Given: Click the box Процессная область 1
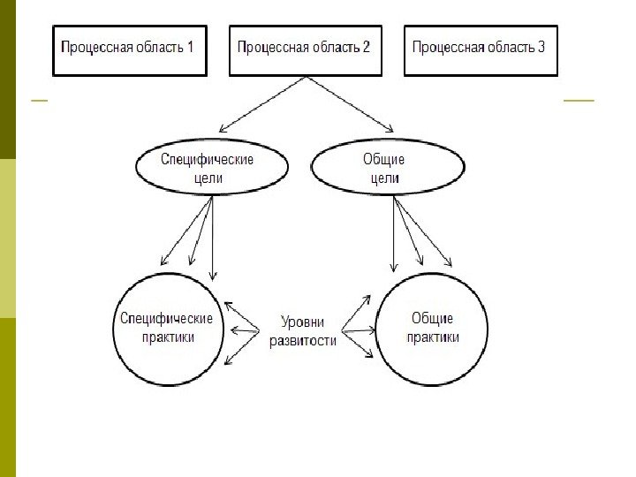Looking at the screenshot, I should (129, 49).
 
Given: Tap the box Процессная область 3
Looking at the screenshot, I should (481, 49).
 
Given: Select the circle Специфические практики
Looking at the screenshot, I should (166, 328).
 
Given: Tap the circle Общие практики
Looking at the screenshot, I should (433, 328).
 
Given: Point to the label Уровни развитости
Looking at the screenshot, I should (302, 331).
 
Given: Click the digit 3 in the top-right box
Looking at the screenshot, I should (541, 47).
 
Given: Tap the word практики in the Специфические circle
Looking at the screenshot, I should (166, 337).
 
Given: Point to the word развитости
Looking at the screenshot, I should (302, 341).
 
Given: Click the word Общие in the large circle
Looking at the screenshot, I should (433, 318).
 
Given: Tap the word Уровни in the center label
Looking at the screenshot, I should (302, 322).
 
